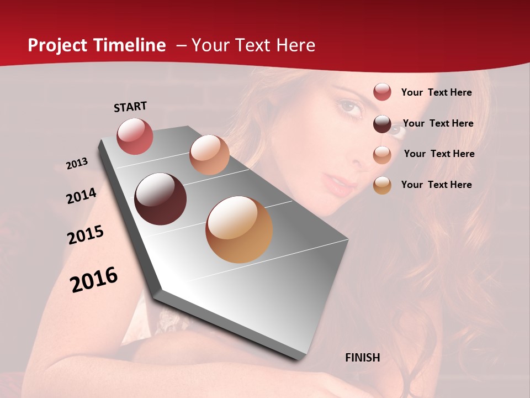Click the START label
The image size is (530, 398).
click(130, 106)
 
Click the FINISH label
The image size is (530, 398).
click(362, 358)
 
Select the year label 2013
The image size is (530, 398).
click(77, 164)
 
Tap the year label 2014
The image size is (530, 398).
click(81, 196)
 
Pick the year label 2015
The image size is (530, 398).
click(86, 235)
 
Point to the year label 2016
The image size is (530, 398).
click(94, 279)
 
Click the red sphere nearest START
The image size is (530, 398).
click(135, 136)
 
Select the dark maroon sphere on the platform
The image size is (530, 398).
click(160, 199)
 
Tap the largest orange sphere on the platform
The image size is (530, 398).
click(239, 229)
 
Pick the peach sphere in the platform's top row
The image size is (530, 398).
click(209, 154)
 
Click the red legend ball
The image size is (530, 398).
click(382, 92)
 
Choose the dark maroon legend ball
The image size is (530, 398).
click(382, 123)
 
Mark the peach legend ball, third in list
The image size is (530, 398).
click(382, 154)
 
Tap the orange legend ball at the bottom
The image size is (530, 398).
click(382, 185)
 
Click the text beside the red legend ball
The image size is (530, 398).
click(436, 92)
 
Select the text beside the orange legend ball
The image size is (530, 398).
click(436, 185)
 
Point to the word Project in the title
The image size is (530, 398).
click(57, 45)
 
